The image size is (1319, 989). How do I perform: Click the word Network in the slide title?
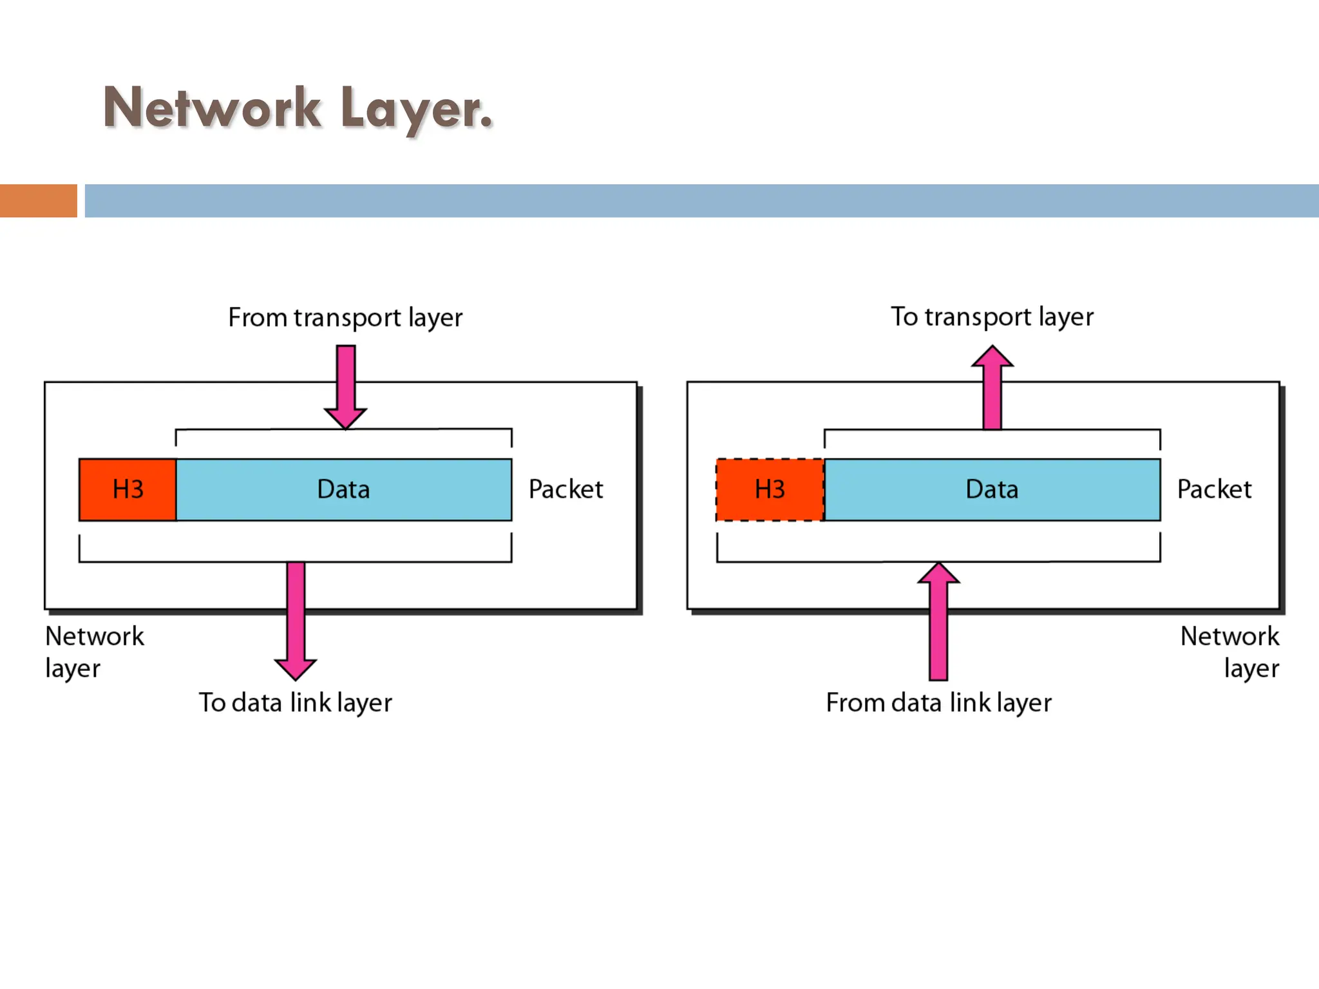(211, 108)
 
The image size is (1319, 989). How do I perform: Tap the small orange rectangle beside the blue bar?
(38, 201)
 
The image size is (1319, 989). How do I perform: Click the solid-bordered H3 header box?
(128, 489)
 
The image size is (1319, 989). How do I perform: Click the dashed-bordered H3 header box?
(770, 489)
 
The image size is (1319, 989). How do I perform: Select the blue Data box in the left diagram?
(344, 489)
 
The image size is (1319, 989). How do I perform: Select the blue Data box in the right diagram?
(992, 489)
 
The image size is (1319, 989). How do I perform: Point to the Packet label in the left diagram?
(565, 489)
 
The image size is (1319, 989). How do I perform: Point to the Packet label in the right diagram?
(1214, 489)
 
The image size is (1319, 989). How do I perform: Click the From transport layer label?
(345, 317)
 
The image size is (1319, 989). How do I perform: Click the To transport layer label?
(992, 317)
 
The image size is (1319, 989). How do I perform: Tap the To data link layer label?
(295, 702)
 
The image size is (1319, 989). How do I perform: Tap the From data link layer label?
(938, 702)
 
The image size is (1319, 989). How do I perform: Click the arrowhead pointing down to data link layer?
(295, 668)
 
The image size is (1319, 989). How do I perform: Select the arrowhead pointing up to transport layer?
(992, 357)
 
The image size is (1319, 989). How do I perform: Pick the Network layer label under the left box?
(94, 652)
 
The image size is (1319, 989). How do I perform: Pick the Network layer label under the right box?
(1229, 652)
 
